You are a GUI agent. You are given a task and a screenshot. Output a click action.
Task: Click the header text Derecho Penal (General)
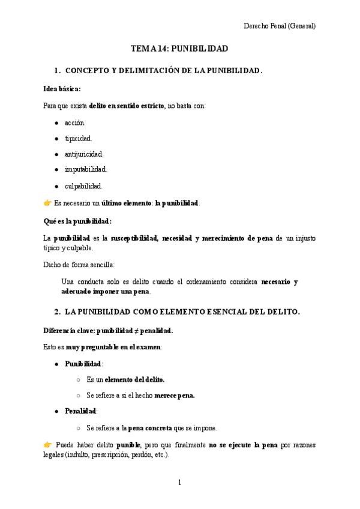[x=280, y=26]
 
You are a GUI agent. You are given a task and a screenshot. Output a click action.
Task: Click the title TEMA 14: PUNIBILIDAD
[x=179, y=48]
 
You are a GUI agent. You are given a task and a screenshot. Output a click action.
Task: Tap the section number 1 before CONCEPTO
[x=56, y=71]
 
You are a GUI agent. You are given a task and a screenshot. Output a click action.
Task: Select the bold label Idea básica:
[x=62, y=89]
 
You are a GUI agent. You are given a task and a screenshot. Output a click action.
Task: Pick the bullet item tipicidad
[x=78, y=138]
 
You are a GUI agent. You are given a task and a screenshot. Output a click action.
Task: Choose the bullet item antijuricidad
[x=84, y=154]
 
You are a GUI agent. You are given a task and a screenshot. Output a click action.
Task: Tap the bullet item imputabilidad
[x=86, y=169]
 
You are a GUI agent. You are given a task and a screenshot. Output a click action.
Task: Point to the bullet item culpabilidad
[x=83, y=185]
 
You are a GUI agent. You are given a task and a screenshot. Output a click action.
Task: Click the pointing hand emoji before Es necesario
[x=47, y=203]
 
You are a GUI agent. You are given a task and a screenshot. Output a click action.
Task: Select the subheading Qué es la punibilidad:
[x=77, y=221]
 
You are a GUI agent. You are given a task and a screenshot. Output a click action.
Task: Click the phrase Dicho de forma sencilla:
[x=79, y=264]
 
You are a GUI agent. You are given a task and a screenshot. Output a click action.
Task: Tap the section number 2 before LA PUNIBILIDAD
[x=56, y=312]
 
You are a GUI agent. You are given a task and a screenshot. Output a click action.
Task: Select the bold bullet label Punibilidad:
[x=84, y=364]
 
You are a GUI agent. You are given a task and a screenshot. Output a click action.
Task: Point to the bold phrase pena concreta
[x=150, y=428]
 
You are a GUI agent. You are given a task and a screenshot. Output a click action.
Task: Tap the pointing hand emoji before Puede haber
[x=47, y=445]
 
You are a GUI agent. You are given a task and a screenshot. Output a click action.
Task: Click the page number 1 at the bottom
[x=179, y=482]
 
